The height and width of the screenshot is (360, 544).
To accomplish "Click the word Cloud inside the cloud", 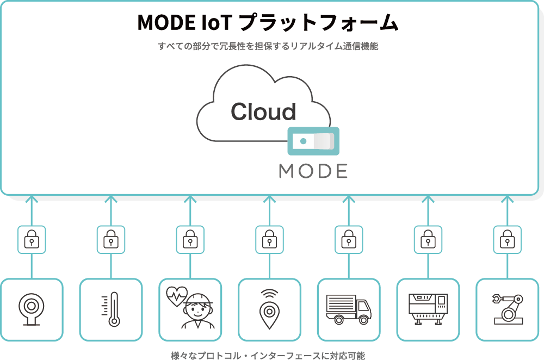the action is click(263, 111).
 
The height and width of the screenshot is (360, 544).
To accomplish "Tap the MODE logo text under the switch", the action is click(313, 171).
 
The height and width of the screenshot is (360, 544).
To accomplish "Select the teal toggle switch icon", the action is click(313, 141).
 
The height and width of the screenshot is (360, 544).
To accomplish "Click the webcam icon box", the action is click(32, 309).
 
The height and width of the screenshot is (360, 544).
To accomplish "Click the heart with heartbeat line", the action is click(176, 297).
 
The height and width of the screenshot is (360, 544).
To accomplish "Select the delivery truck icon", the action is click(348, 309).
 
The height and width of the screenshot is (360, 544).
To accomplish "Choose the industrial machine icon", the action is click(428, 309).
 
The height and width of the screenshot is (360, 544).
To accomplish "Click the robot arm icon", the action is click(507, 309).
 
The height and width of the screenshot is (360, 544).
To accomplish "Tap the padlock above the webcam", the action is click(32, 239).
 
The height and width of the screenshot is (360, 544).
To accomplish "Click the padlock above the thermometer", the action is click(111, 239).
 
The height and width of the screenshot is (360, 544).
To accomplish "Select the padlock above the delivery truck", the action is click(349, 239).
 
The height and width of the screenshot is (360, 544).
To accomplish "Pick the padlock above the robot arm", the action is click(507, 239).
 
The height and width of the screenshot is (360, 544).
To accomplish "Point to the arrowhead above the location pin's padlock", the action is click(269, 199).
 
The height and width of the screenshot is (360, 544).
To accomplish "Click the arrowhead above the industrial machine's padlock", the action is click(428, 199).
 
